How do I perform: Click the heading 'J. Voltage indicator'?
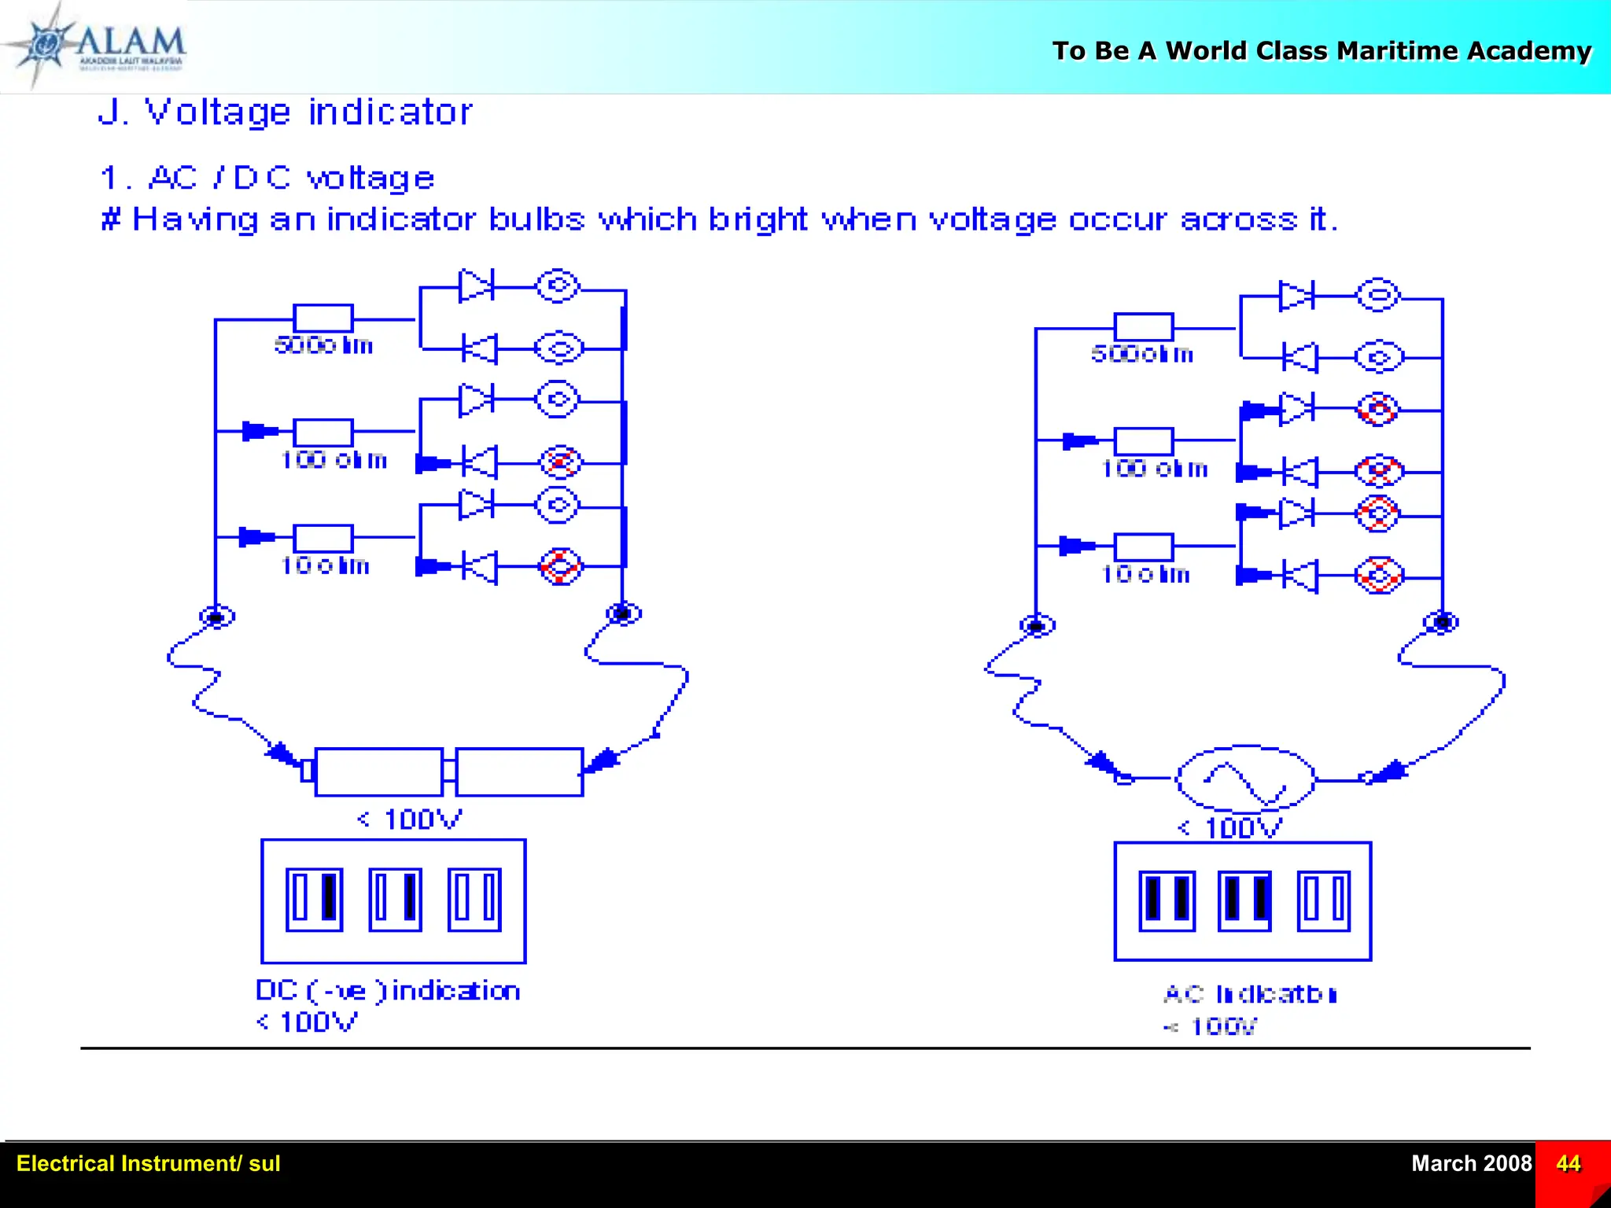[x=285, y=112]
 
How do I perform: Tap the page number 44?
[x=1568, y=1163]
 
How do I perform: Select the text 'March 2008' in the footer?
[x=1470, y=1163]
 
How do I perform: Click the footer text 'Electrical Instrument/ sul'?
[x=148, y=1163]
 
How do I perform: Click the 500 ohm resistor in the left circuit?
[x=323, y=319]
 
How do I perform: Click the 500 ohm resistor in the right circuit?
[x=1143, y=327]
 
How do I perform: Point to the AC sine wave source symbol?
[x=1244, y=779]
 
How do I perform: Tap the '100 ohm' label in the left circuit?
[x=334, y=460]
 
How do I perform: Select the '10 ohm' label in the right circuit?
[x=1145, y=575]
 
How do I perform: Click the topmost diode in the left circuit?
[x=475, y=285]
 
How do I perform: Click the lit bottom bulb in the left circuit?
[x=560, y=566]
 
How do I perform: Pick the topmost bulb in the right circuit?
[x=1378, y=296]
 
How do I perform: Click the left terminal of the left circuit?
[x=216, y=617]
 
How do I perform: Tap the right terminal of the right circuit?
[x=1441, y=622]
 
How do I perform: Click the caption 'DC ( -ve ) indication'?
[x=388, y=991]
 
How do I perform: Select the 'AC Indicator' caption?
[x=1249, y=995]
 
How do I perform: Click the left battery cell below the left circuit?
[x=378, y=772]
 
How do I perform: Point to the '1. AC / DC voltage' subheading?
[x=267, y=179]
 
